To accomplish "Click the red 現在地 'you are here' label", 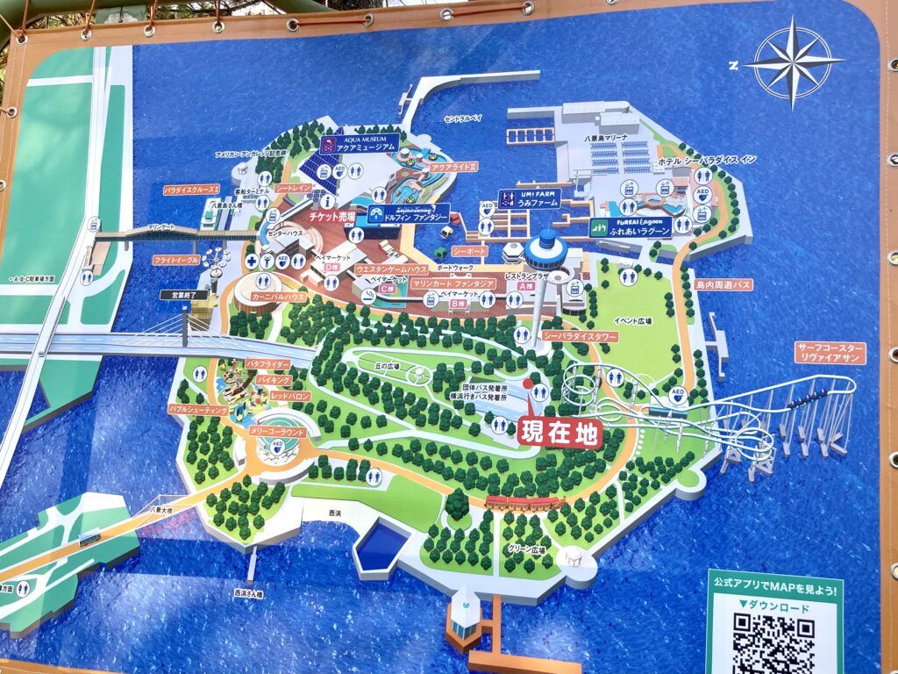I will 559,432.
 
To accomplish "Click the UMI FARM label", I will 529,198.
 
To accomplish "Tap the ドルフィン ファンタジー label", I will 409,213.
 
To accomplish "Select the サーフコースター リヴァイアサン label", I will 830,353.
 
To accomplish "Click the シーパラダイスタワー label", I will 580,336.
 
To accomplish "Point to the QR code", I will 773,641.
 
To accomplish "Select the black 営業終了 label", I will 189,296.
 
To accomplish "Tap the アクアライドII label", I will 453,166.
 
